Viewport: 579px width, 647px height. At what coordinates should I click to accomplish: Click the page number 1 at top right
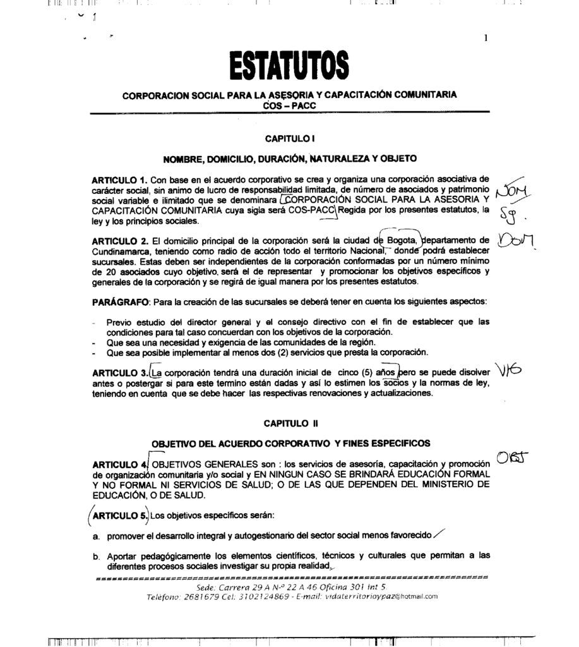pos(486,37)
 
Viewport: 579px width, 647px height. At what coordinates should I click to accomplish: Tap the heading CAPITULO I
pos(290,137)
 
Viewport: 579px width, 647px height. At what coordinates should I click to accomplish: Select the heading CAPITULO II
pos(290,423)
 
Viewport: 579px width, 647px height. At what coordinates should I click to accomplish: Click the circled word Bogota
pos(400,240)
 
